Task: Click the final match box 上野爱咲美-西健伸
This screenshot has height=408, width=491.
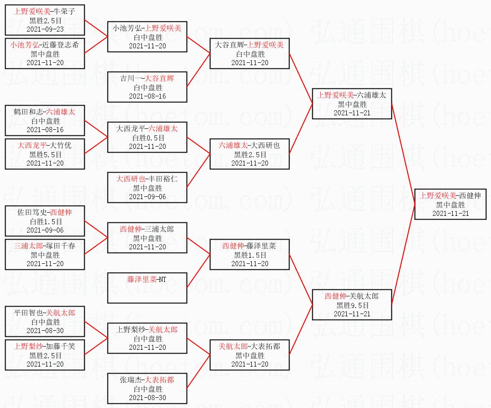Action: (451, 204)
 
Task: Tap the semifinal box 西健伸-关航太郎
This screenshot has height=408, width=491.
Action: (352, 305)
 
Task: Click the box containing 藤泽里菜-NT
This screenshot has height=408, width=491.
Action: (147, 288)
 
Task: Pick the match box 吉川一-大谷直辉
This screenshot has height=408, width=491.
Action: (147, 87)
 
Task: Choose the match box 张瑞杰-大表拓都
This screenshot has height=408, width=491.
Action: (147, 388)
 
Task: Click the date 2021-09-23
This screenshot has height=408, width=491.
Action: (45, 29)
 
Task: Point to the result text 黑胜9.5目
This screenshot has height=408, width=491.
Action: (352, 305)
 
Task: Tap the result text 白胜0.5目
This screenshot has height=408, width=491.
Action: (147, 137)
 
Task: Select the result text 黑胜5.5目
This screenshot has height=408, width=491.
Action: (45, 154)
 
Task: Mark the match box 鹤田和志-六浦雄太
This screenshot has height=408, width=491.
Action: (45, 120)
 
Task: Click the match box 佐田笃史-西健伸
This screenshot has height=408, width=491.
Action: (45, 221)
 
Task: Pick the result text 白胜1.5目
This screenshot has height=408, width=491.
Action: (45, 221)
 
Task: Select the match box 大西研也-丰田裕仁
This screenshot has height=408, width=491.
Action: (147, 187)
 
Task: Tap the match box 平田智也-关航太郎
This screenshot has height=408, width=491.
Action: (45, 321)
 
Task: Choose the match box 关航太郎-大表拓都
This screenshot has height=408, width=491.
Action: (249, 355)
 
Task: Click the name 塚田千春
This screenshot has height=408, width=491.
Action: (58, 246)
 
